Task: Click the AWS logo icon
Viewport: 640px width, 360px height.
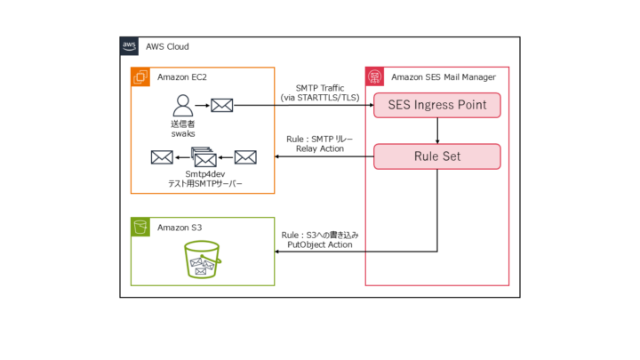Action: (130, 46)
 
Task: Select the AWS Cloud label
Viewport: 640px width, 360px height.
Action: (167, 46)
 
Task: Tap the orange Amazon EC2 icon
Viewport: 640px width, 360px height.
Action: (140, 77)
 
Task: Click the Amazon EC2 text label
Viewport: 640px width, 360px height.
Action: (182, 77)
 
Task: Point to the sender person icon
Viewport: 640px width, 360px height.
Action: (183, 104)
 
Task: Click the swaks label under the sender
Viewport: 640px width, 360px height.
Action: (183, 133)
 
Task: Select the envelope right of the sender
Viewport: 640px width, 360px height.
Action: (221, 105)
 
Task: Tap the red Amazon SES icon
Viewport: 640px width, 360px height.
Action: (375, 77)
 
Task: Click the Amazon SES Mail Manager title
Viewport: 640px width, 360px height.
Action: (444, 77)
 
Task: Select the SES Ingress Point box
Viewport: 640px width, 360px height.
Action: (436, 105)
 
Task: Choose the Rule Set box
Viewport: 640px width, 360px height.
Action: (436, 157)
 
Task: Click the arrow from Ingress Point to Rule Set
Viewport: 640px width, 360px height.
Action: (436, 131)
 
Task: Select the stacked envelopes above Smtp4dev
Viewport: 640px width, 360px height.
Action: (204, 157)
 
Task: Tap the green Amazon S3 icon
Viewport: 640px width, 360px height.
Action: (140, 228)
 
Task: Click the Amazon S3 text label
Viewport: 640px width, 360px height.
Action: (180, 228)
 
